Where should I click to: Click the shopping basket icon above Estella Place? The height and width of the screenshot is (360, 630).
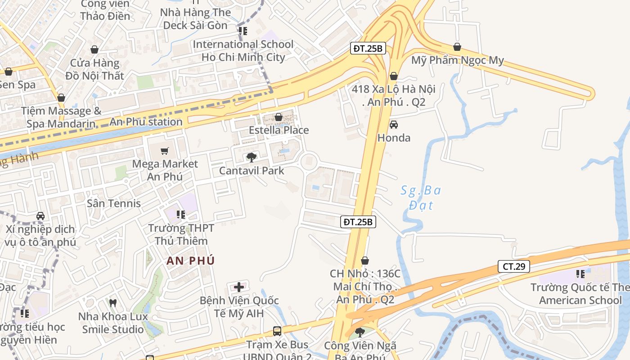tap(279, 117)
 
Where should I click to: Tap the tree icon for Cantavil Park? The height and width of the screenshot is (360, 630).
tap(252, 157)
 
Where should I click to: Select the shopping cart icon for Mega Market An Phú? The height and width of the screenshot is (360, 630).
tap(165, 151)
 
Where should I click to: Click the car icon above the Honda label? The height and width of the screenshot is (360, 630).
tap(394, 125)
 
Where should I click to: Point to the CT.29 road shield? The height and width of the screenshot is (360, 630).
tap(513, 266)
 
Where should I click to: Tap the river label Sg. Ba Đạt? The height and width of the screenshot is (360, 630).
tap(421, 198)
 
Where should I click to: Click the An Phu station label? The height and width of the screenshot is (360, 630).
tap(146, 122)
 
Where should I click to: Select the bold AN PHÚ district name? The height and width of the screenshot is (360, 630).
tap(191, 261)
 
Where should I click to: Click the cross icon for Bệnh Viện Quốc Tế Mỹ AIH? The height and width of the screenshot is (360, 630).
tap(239, 287)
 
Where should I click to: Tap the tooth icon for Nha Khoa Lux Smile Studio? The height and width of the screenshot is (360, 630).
tap(113, 303)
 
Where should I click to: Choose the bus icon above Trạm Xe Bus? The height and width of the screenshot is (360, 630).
tap(277, 331)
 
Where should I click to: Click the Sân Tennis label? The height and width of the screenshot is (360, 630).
tap(114, 203)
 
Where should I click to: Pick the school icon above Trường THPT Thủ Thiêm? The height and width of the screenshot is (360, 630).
tap(181, 215)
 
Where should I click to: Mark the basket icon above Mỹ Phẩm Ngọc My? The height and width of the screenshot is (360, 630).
tap(457, 47)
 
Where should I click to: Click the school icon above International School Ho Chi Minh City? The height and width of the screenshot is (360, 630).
tap(243, 31)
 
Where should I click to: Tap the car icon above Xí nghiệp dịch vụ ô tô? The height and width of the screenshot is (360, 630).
tap(40, 216)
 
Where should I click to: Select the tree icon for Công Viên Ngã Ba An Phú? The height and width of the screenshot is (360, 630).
tap(360, 333)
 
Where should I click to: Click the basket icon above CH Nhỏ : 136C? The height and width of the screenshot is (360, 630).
tap(365, 261)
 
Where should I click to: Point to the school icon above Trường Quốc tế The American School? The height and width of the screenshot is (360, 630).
tap(580, 274)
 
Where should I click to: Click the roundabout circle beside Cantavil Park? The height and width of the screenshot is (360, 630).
tap(309, 162)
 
